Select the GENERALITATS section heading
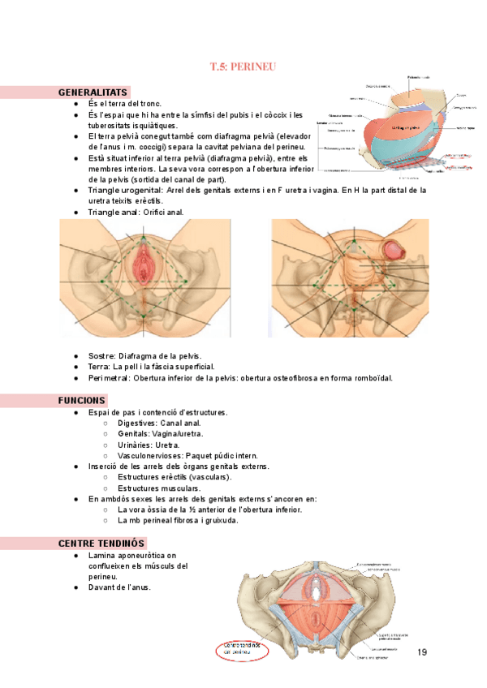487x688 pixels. tap(93, 92)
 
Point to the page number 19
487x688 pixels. tap(421, 653)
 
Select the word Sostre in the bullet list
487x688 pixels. tap(101, 356)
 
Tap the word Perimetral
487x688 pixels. tap(109, 377)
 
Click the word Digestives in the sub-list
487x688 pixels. tap(140, 424)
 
